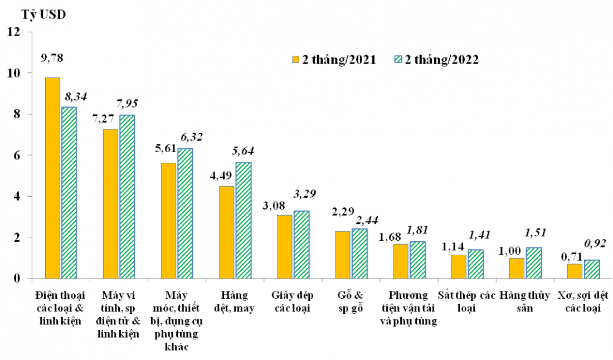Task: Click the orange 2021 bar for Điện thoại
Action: coord(52,178)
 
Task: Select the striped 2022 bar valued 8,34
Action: coord(69,192)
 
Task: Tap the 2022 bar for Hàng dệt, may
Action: coord(244,220)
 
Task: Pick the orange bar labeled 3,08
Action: coord(285,246)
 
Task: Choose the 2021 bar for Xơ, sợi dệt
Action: coord(576,271)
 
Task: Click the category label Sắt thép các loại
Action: coord(466,301)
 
